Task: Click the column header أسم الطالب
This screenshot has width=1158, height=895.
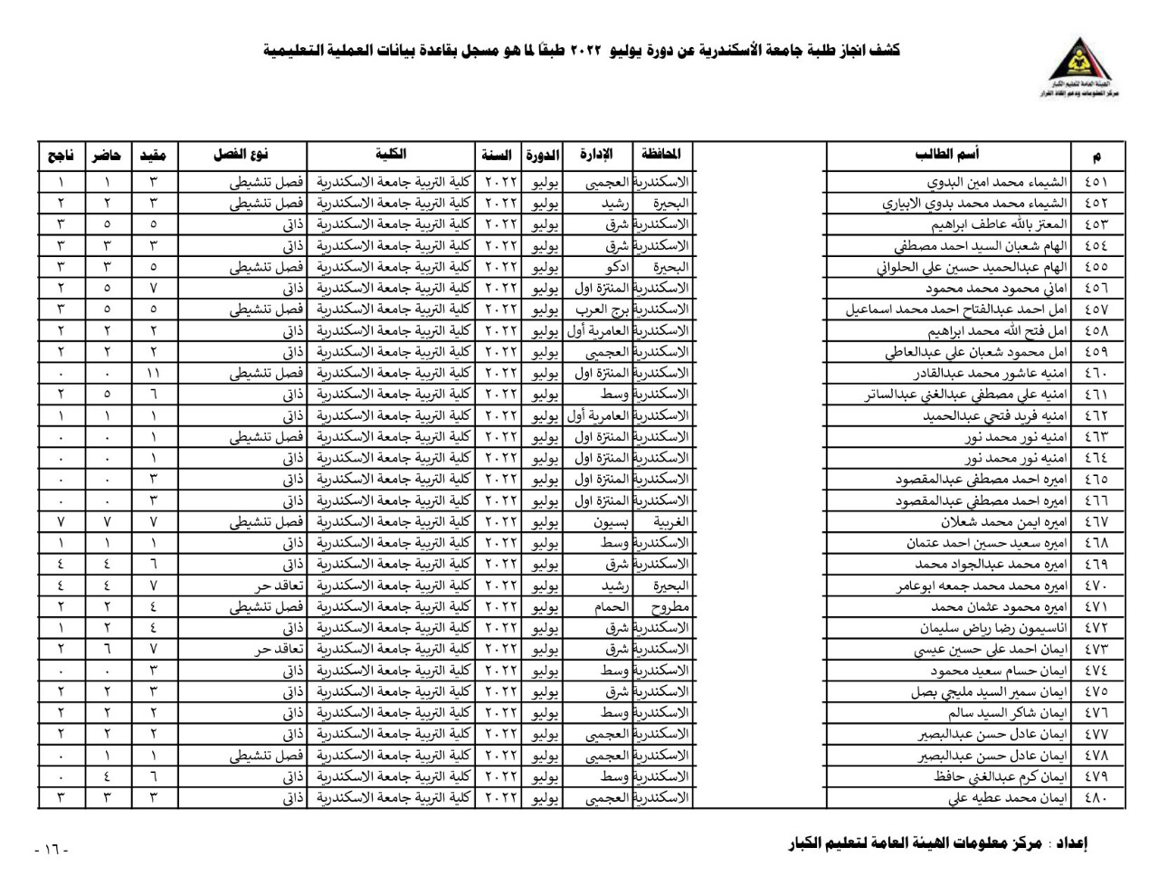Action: point(946,155)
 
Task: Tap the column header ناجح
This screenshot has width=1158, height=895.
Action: point(61,156)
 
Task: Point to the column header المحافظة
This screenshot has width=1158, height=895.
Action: point(660,155)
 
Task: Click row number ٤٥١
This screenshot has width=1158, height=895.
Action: point(1096,182)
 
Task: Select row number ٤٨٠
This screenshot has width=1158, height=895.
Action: point(1096,798)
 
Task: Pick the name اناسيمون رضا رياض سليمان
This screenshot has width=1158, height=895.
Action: point(993,628)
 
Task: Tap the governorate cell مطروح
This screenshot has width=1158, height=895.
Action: point(669,607)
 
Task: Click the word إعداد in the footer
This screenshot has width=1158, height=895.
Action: point(1071,843)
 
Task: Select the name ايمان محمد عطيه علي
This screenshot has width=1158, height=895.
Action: point(1008,798)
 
